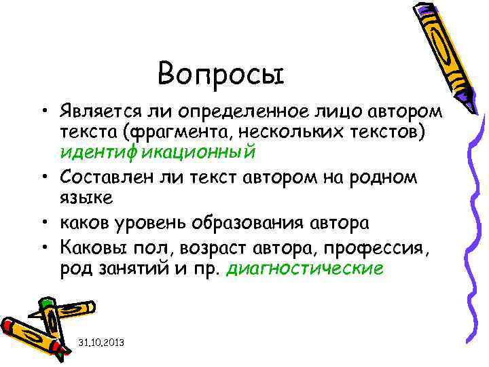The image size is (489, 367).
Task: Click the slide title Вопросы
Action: [220, 72]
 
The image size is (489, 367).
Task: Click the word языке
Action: [80, 198]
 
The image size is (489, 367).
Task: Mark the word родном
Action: [392, 177]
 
